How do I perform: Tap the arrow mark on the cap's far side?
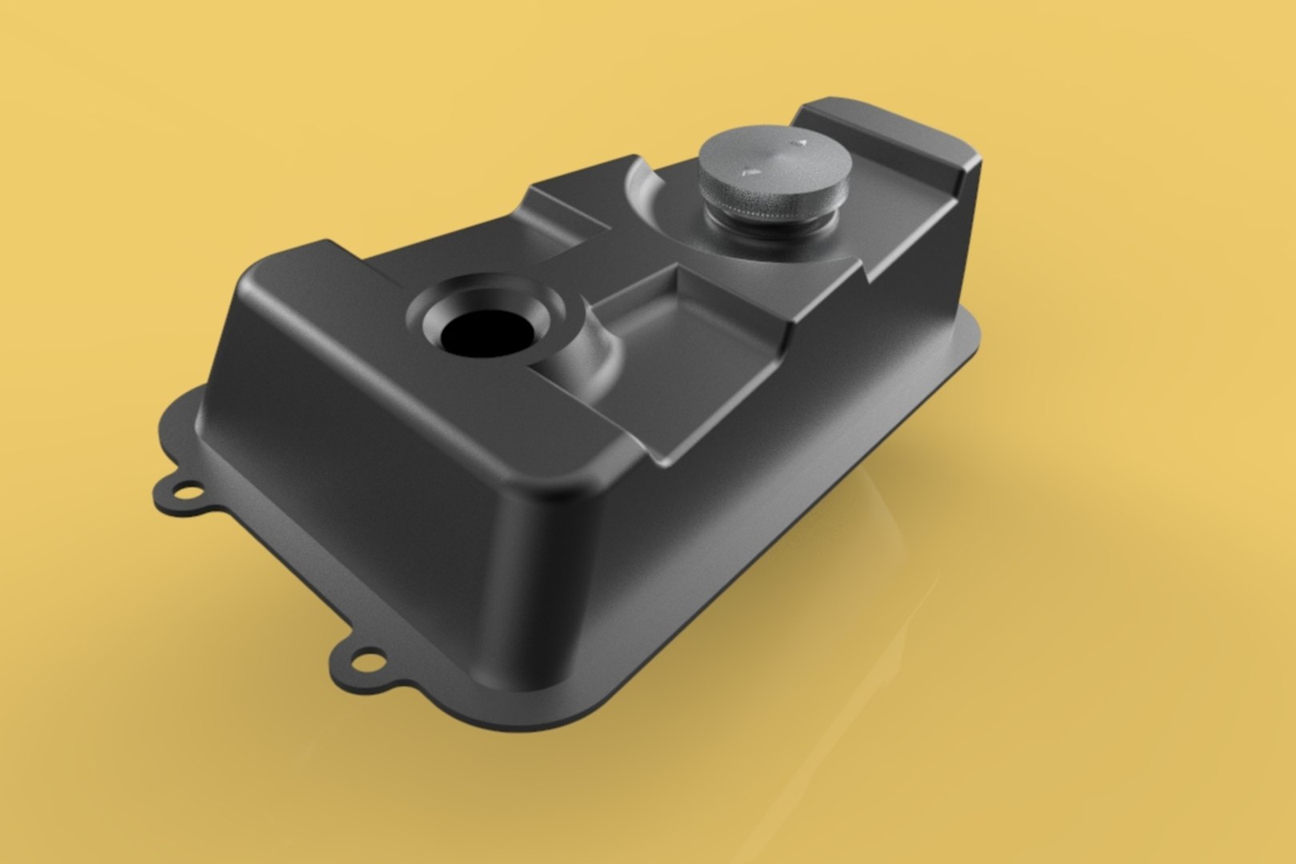pos(796,143)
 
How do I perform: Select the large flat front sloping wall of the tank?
pos(360,456)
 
